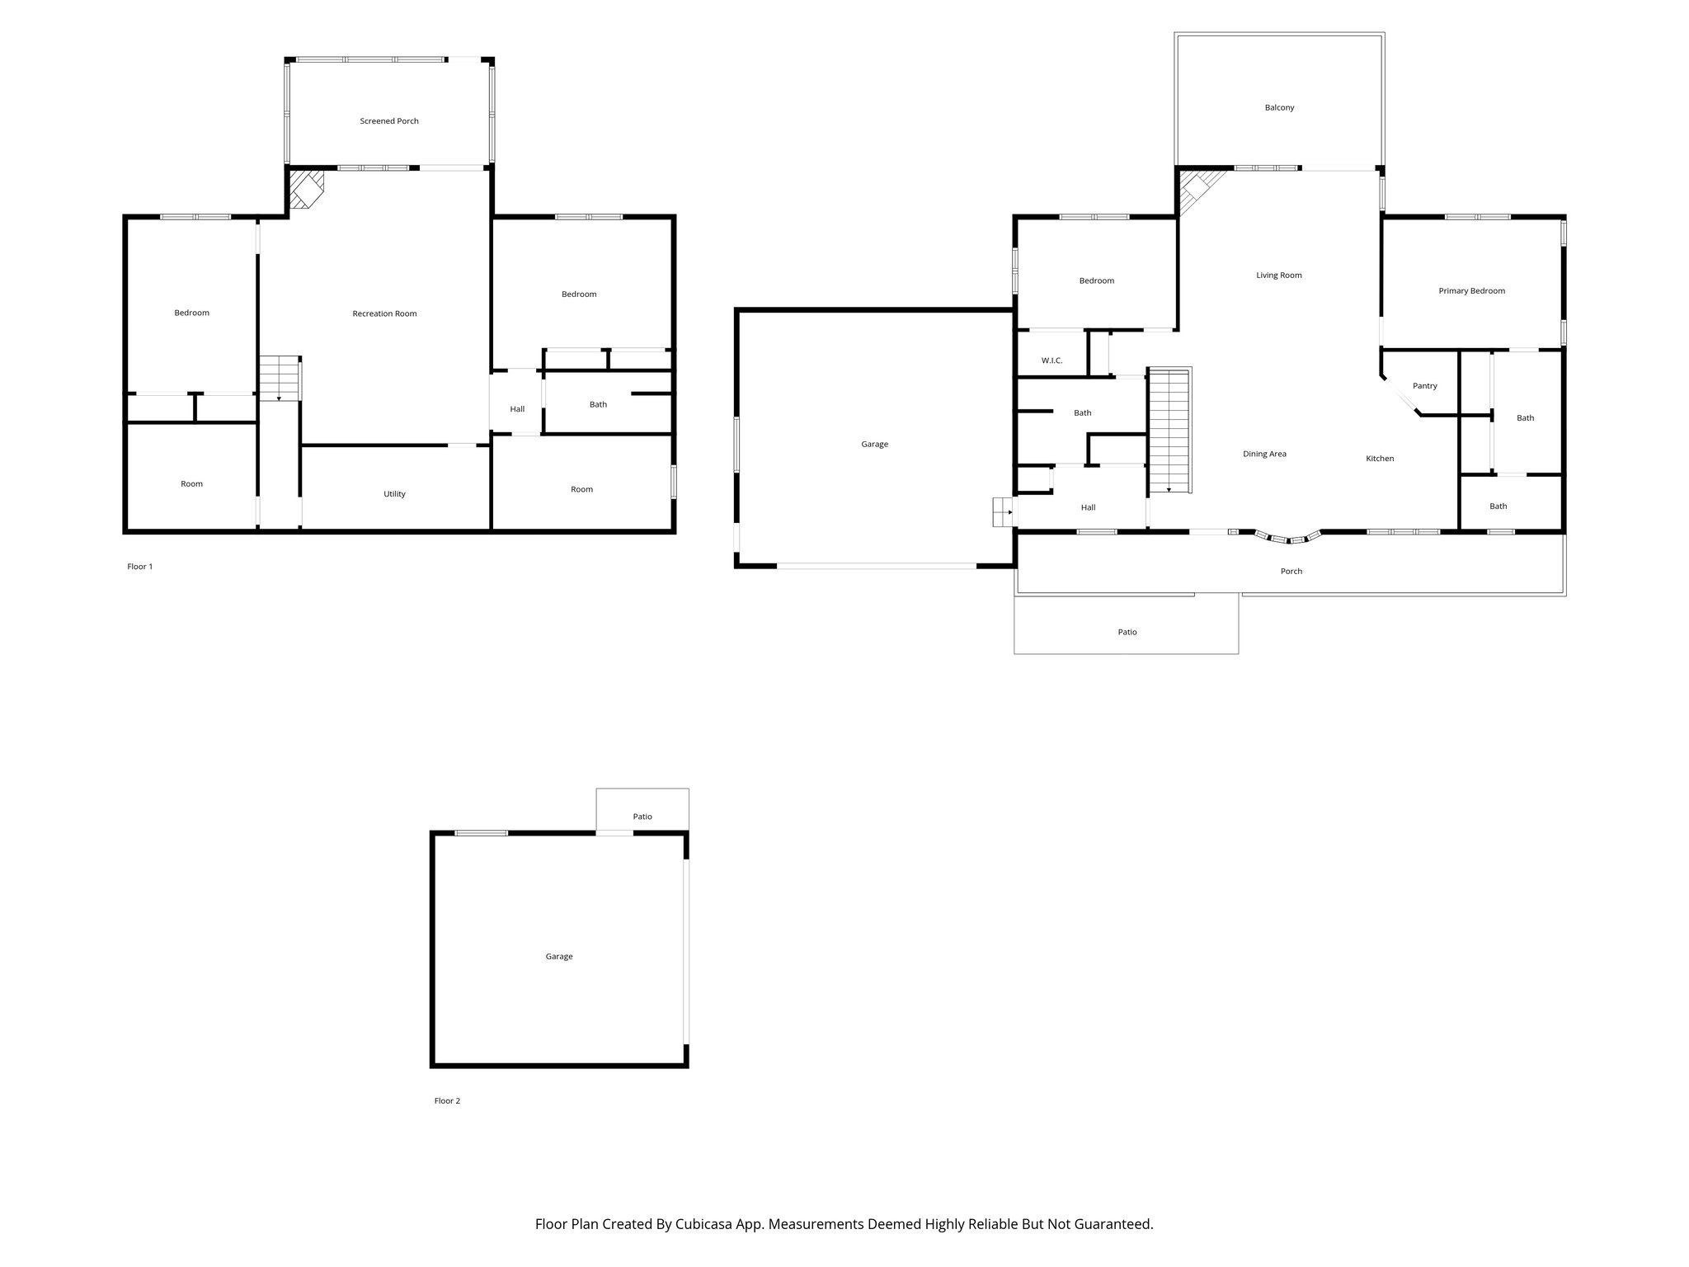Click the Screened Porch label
coord(389,121)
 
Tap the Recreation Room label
coord(384,313)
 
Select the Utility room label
coord(394,494)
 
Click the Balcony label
coord(1279,108)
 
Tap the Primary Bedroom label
coord(1471,291)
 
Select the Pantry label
coord(1424,386)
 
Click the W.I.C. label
coord(1052,360)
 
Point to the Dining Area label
coord(1264,455)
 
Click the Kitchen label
coord(1380,459)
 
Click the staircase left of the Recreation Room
coord(280,379)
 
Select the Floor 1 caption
coord(139,567)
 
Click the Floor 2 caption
coord(447,1101)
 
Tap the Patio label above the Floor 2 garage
coord(642,817)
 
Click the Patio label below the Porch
coord(1127,633)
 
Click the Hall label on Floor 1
coord(517,409)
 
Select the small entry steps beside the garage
coord(1003,511)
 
